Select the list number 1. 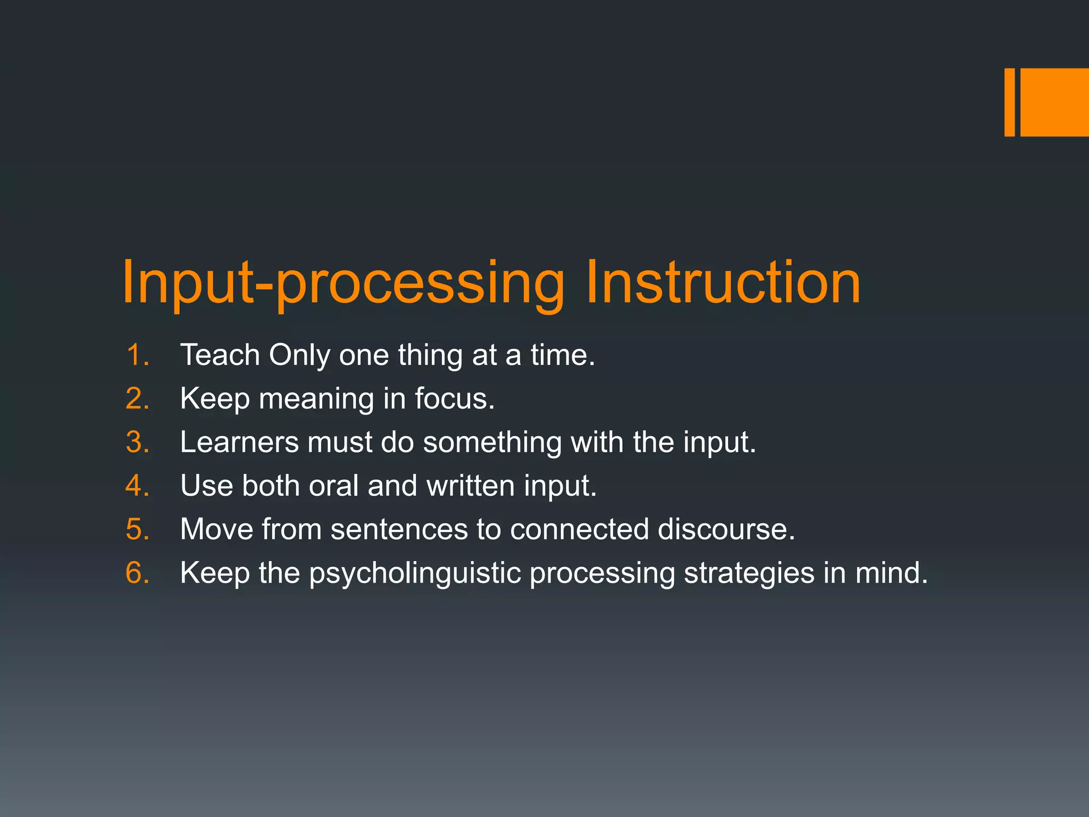pos(137,355)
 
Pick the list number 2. pos(137,398)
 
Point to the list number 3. pos(137,442)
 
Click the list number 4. pos(137,486)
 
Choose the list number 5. pos(137,529)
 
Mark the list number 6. pos(137,573)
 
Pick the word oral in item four pos(333,486)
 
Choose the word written pos(470,486)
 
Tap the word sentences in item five pos(399,529)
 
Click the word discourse pos(726,529)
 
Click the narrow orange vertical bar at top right pos(1009,102)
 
